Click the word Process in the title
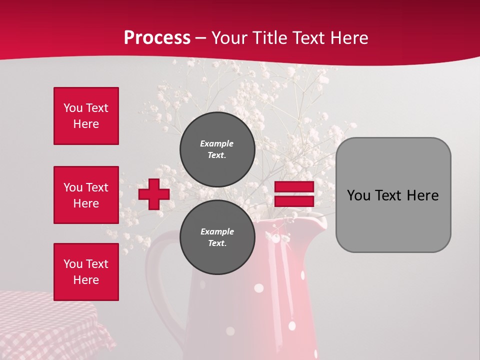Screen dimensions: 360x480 (x=157, y=38)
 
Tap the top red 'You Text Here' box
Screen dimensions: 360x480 (x=86, y=116)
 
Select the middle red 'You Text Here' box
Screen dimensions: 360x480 (x=86, y=195)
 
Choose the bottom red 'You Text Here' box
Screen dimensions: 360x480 (x=86, y=272)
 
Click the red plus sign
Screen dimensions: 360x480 (x=154, y=194)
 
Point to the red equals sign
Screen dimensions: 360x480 (x=294, y=194)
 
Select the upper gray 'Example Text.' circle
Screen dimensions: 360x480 (x=217, y=149)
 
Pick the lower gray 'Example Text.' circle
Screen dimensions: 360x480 (x=217, y=237)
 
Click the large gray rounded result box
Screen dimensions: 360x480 (x=393, y=195)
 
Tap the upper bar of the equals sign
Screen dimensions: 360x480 (x=294, y=187)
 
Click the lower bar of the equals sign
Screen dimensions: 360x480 (x=294, y=201)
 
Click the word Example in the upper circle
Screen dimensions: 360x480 (x=217, y=143)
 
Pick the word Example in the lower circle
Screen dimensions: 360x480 (x=217, y=231)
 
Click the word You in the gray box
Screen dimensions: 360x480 (x=359, y=195)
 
